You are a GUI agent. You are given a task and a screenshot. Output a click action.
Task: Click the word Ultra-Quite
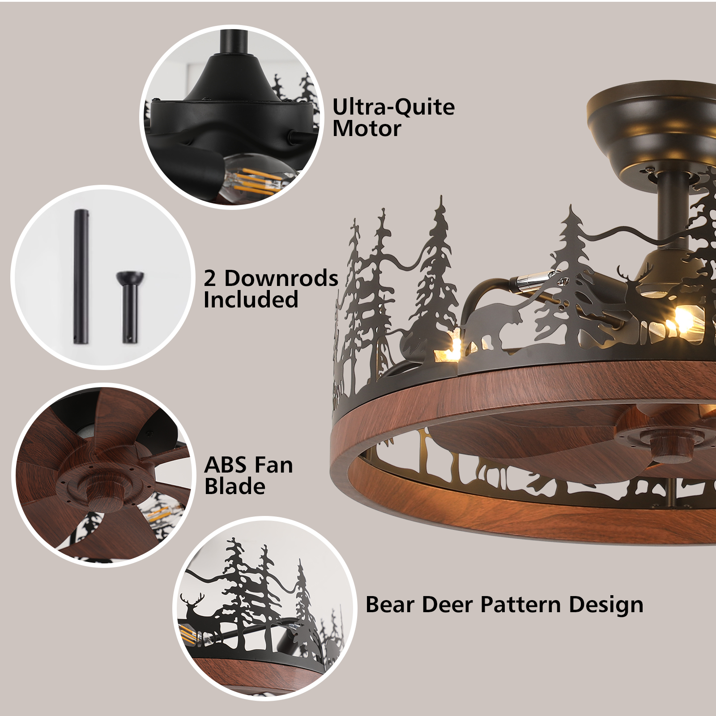point(393,108)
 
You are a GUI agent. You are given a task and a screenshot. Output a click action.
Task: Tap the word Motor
point(367,129)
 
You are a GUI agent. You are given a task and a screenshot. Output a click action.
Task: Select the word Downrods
point(281,278)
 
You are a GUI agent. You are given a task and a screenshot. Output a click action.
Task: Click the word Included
point(251,300)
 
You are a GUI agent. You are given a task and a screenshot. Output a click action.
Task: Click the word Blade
point(235,486)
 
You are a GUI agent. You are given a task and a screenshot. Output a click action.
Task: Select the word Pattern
point(520,605)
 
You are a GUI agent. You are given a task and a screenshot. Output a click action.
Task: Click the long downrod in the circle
point(81,277)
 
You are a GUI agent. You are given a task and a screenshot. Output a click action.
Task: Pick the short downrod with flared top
point(130,307)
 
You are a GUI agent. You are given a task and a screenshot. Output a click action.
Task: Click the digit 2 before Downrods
point(210,278)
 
